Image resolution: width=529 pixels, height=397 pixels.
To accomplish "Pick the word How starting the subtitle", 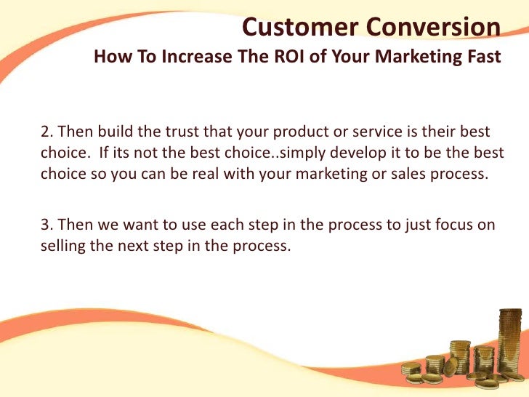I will coord(111,57).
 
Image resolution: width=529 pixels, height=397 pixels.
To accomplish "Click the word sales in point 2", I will coord(411,175).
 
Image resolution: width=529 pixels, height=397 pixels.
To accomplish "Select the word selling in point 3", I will coord(62,246).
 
